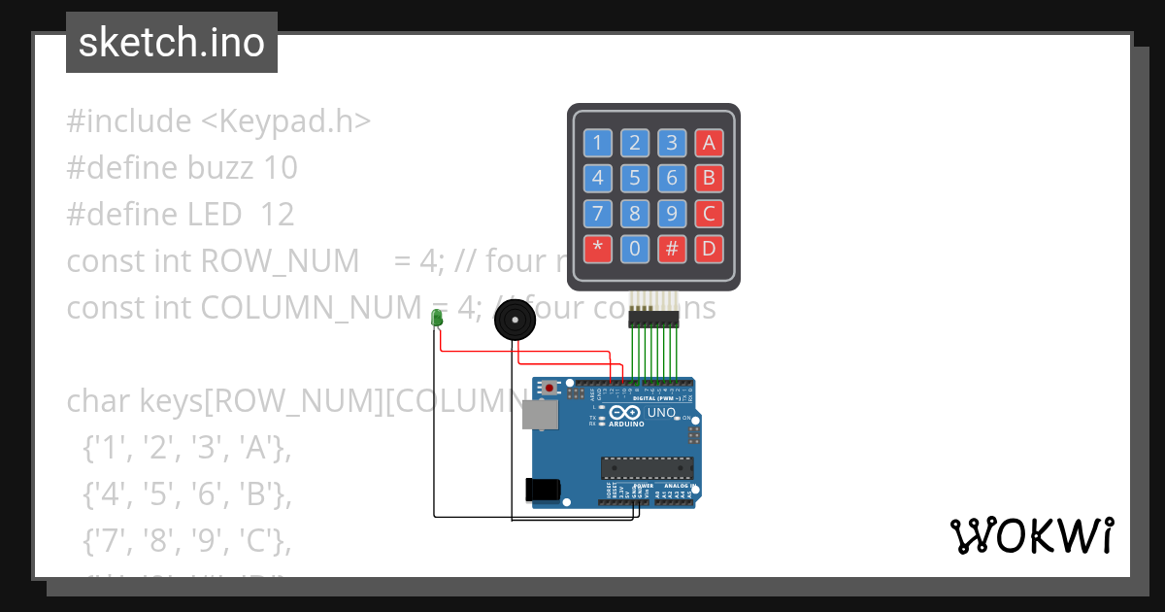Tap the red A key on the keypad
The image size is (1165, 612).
tap(709, 144)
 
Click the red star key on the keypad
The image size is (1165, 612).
tap(597, 249)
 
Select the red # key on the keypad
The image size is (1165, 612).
tap(671, 249)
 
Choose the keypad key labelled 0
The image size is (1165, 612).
tap(634, 249)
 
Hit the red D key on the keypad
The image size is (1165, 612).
tap(709, 249)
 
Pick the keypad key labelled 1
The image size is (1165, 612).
tap(597, 144)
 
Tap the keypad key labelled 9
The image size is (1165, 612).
tap(671, 214)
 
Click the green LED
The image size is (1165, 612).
tap(437, 317)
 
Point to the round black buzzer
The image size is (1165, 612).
tap(514, 320)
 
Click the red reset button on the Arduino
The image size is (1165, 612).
tap(550, 388)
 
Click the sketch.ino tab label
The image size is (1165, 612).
tap(172, 43)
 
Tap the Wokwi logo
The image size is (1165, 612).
tap(1031, 535)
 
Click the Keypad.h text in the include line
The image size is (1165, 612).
tap(285, 121)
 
